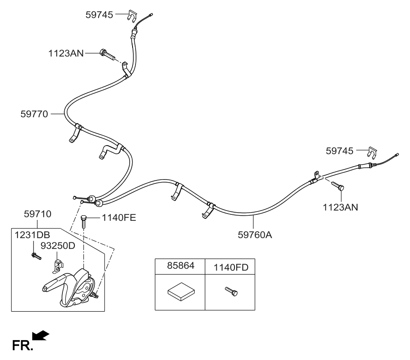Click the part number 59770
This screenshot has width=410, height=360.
(x=34, y=114)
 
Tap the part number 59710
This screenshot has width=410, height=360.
(x=37, y=215)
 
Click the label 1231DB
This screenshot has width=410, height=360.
(x=27, y=235)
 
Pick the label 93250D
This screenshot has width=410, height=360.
(x=58, y=246)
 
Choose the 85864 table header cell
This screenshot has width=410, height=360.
(x=180, y=267)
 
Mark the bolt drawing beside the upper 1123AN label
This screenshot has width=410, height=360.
(x=107, y=55)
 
